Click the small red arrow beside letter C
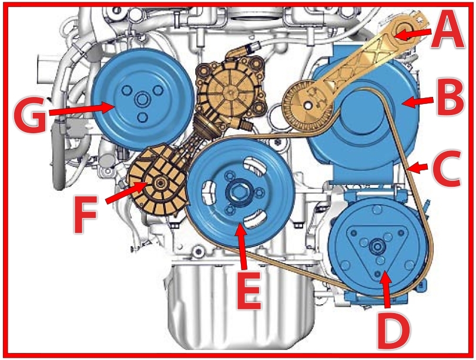(x=418, y=169)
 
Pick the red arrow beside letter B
(x=418, y=103)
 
